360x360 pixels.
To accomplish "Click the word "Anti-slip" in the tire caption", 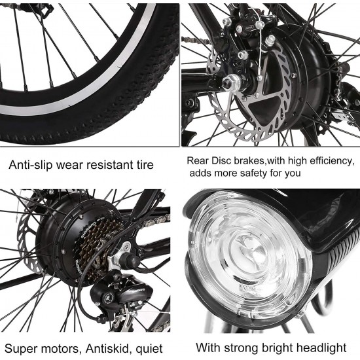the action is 31,165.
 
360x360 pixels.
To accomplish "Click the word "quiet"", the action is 149,349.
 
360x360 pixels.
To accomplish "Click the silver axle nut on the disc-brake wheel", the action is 231,82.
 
